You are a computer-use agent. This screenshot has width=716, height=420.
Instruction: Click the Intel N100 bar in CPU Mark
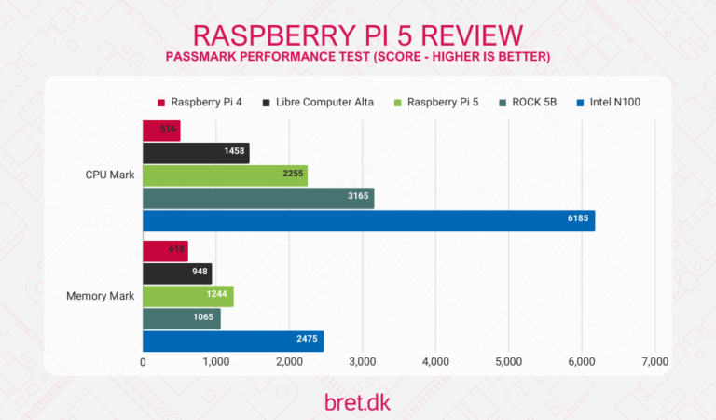pos(368,220)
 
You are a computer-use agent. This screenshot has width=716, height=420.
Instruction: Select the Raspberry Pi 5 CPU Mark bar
pos(225,175)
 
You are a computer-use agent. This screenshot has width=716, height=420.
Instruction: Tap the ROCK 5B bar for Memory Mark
pos(182,318)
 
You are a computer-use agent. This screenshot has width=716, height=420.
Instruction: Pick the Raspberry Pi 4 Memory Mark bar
pos(165,251)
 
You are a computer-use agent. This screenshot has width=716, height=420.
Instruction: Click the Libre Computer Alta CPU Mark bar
pos(196,153)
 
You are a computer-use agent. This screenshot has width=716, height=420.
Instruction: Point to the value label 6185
pos(578,220)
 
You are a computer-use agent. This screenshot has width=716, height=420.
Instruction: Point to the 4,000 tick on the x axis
pos(435,362)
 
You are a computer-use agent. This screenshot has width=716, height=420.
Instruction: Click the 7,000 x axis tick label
pos(654,362)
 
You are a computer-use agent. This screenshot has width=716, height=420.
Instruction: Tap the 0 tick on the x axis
pos(143,362)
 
